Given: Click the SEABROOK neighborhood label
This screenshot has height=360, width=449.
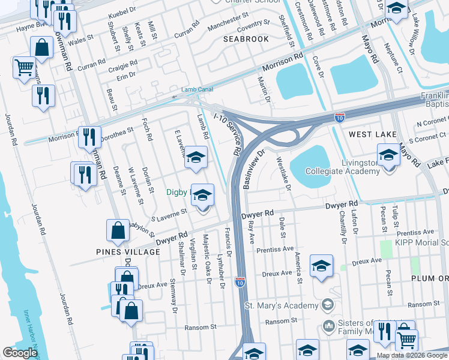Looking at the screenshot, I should coord(246,38).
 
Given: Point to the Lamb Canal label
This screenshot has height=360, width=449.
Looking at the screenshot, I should coord(197,89).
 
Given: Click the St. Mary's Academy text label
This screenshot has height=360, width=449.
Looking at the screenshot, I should coord(281,305).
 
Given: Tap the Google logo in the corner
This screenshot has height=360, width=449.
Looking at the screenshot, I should coord(20,353).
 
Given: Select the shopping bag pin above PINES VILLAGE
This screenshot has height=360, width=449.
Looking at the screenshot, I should coord(117,230).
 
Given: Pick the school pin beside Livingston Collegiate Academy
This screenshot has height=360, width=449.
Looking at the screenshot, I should coord(388,156).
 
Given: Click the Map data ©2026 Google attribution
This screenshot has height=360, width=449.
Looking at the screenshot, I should coord(411,355).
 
